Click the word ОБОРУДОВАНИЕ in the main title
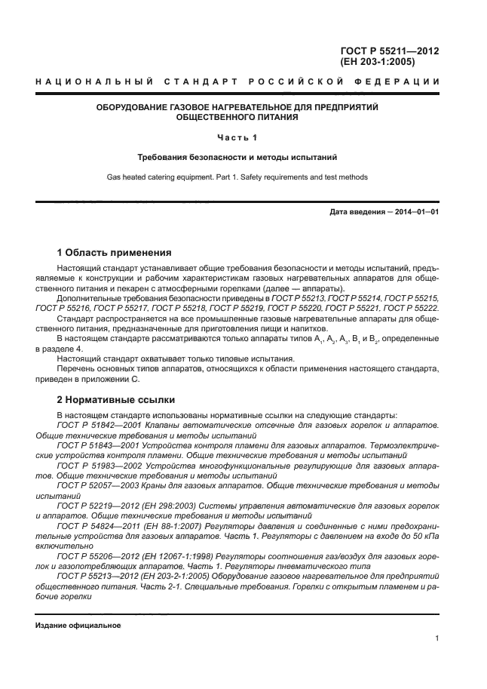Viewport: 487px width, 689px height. click(130, 108)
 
